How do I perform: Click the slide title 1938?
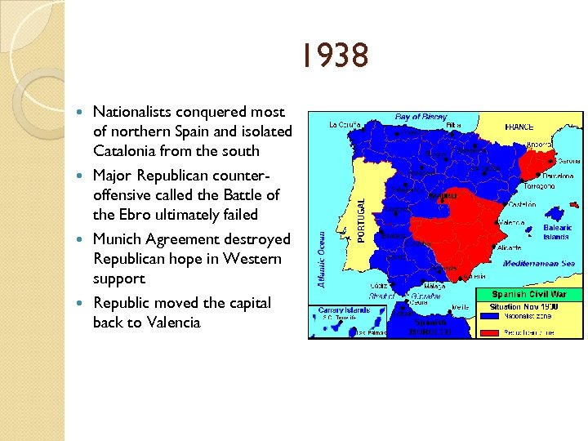332,56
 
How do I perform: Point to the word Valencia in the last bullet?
174,323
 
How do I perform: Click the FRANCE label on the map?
519,127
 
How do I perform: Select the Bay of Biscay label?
421,118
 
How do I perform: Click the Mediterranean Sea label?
539,264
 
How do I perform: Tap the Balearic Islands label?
558,233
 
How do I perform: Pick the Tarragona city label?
540,186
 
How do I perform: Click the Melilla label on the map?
461,307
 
